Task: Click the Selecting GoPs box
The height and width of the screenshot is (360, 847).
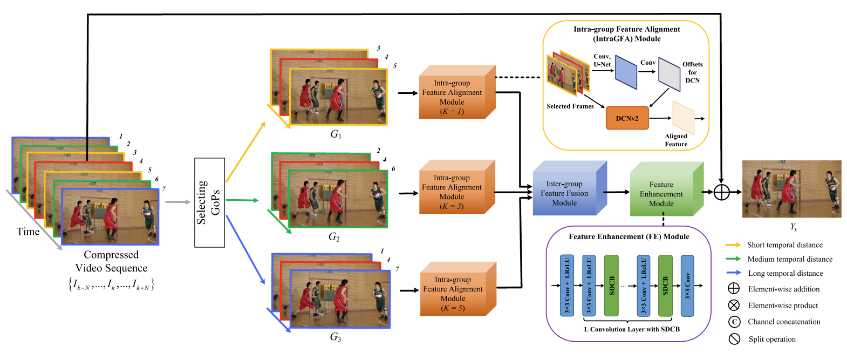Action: pyautogui.click(x=209, y=202)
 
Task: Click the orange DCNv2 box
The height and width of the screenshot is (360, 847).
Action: pyautogui.click(x=627, y=118)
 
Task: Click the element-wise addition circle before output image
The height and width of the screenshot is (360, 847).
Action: pyautogui.click(x=721, y=192)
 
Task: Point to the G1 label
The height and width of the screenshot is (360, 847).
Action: pyautogui.click(x=336, y=134)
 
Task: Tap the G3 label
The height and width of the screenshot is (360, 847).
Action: pyautogui.click(x=336, y=337)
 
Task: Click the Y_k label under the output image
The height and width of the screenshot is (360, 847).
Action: pyautogui.click(x=794, y=227)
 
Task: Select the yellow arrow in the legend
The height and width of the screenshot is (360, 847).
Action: pyautogui.click(x=733, y=245)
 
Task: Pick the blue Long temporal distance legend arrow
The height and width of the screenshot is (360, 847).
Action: pyautogui.click(x=733, y=273)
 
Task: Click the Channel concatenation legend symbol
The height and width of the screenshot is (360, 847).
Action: pyautogui.click(x=734, y=322)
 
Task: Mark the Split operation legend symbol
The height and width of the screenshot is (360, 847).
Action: pyautogui.click(x=734, y=339)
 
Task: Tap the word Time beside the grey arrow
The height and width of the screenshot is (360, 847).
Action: pyautogui.click(x=28, y=232)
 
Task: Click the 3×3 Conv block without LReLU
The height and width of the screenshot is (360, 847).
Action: pyautogui.click(x=687, y=286)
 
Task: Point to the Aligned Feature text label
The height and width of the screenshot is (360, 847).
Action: pyautogui.click(x=676, y=140)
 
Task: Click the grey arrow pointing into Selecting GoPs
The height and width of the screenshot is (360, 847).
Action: pyautogui.click(x=178, y=202)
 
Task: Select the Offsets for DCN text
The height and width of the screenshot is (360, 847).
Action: pyautogui.click(x=692, y=72)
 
